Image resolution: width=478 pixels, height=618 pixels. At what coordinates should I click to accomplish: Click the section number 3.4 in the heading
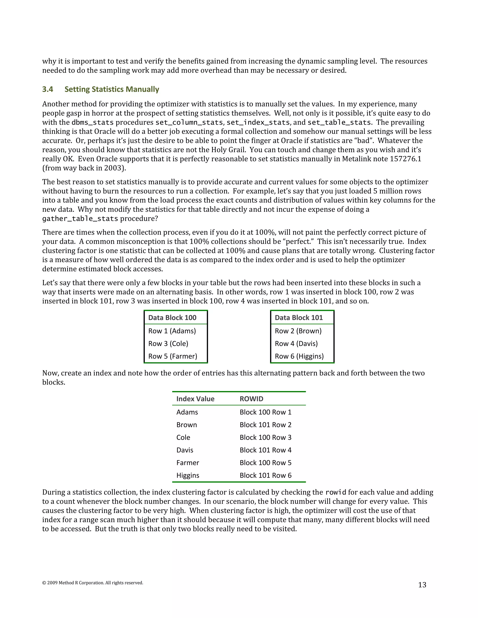click(x=48, y=89)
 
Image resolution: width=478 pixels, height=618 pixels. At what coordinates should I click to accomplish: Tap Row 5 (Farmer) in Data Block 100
click(x=173, y=356)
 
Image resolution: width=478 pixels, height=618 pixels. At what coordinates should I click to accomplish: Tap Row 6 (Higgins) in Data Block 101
click(x=299, y=356)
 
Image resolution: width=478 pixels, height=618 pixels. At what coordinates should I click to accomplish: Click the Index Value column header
click(x=195, y=399)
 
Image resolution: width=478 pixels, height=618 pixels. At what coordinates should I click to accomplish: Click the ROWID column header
click(x=251, y=399)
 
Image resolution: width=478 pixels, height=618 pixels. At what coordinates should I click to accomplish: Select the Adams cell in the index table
click(x=187, y=412)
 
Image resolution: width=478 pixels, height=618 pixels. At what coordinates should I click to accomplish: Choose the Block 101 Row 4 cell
click(x=266, y=450)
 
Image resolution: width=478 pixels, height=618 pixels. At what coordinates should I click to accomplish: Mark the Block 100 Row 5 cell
click(x=266, y=463)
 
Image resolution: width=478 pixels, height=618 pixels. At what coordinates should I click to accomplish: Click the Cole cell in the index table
click(x=183, y=437)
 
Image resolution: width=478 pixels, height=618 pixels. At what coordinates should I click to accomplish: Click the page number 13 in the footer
click(x=422, y=585)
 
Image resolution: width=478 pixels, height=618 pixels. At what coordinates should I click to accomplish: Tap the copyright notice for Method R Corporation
click(x=93, y=583)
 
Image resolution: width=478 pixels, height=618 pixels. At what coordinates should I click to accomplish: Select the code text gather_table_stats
click(x=80, y=219)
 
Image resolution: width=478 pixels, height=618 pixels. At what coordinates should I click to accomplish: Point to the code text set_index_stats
click(x=258, y=122)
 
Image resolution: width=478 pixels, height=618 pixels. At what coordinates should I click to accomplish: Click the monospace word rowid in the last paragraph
click(x=336, y=492)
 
